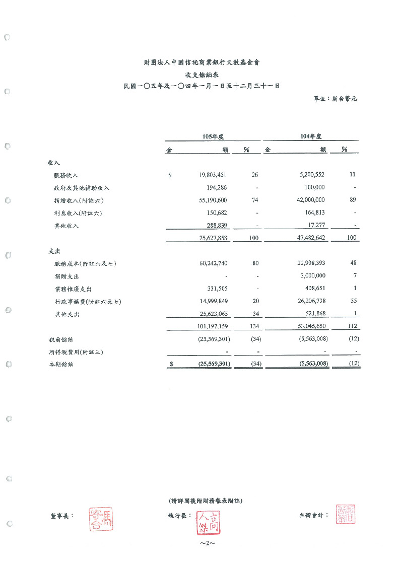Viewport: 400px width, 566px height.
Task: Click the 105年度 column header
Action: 213,136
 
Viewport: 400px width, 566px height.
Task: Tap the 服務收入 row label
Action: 66,175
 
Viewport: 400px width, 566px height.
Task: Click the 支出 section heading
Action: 54,251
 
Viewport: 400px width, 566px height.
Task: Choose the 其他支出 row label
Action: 66,314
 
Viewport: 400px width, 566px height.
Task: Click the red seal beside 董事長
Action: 101,519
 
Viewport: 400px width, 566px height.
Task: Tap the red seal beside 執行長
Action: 207,523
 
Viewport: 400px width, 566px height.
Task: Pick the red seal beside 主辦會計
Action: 346,514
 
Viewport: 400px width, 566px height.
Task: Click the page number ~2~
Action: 207,544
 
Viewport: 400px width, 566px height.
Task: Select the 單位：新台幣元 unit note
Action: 335,99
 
